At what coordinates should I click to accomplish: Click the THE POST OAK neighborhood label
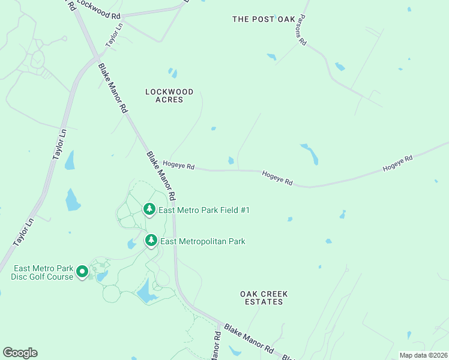(264, 19)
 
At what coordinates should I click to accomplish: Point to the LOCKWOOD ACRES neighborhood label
(169, 95)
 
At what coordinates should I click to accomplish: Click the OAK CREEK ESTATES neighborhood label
(264, 298)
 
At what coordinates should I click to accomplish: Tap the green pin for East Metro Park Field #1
(149, 209)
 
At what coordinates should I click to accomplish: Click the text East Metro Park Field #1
(203, 210)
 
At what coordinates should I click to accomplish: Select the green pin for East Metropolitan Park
(151, 241)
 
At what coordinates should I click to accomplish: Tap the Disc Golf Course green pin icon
(83, 272)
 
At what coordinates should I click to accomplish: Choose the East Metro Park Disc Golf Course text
(43, 272)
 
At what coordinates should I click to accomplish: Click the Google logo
(20, 353)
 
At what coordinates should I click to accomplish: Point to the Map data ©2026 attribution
(423, 355)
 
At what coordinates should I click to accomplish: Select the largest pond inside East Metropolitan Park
(146, 292)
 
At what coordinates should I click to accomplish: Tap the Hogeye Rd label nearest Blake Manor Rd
(179, 164)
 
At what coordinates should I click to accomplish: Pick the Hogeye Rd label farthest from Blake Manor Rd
(398, 164)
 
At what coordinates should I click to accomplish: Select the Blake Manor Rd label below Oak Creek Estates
(249, 340)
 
